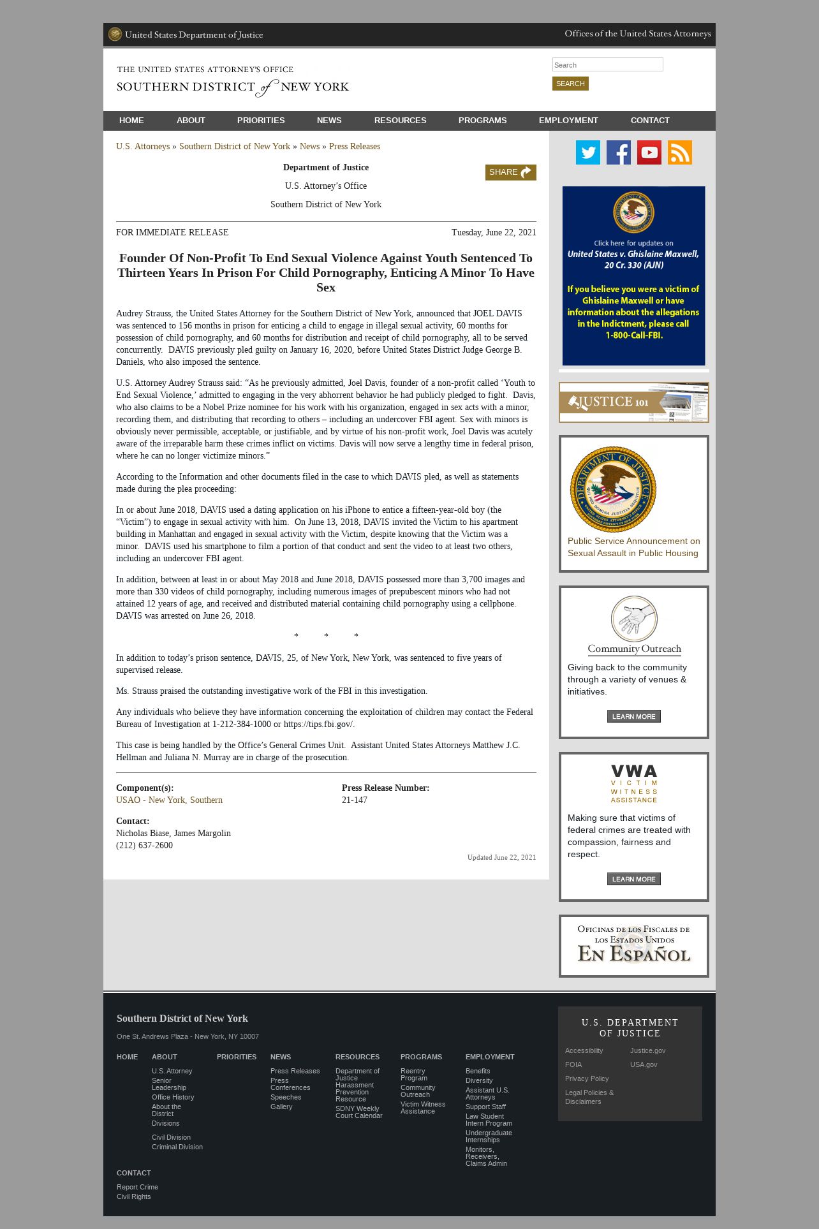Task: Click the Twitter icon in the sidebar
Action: coord(587,152)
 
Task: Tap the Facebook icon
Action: coord(618,152)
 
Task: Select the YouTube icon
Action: coord(649,152)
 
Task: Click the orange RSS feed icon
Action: coord(679,152)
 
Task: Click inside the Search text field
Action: coord(607,64)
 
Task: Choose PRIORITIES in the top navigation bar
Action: coord(261,121)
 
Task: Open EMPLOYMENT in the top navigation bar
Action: coord(568,121)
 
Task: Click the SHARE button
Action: coord(510,172)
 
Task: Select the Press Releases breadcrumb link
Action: coord(354,147)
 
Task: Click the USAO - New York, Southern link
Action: coord(169,800)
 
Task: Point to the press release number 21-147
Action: coord(354,800)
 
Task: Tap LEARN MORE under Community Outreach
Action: coord(633,716)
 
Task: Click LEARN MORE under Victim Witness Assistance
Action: coord(633,879)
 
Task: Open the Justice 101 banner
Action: coord(633,402)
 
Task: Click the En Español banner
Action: coord(633,946)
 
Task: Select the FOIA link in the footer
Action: coord(573,1064)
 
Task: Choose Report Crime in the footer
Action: coord(137,1187)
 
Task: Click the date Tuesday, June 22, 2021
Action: coord(494,233)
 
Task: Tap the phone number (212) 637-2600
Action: coord(144,845)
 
